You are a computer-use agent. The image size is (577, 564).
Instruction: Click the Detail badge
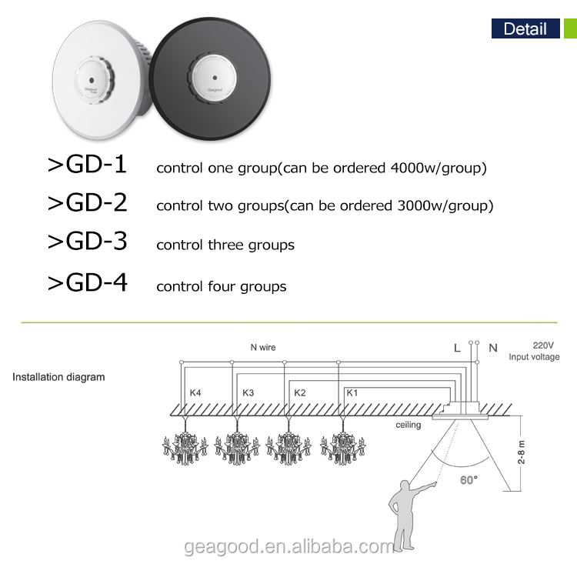click(525, 29)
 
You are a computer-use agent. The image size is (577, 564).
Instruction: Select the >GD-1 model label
click(87, 165)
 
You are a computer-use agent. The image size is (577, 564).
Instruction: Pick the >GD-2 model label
click(87, 203)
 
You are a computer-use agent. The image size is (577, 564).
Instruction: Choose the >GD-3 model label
click(87, 242)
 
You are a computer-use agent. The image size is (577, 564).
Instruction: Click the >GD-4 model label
click(87, 283)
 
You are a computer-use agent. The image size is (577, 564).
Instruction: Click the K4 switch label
click(195, 393)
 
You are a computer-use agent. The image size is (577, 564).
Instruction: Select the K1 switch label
click(352, 393)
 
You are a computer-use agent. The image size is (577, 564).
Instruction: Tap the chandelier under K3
click(238, 446)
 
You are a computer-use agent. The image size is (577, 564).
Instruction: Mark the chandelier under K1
click(341, 446)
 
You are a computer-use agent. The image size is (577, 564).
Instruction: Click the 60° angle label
click(469, 479)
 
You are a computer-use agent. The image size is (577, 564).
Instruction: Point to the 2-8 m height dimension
click(522, 452)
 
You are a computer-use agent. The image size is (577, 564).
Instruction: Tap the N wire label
click(262, 348)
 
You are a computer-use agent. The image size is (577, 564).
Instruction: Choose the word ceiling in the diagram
click(408, 425)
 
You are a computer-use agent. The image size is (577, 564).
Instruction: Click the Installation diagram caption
click(58, 377)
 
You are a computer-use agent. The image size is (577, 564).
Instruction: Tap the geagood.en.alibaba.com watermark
click(289, 547)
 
